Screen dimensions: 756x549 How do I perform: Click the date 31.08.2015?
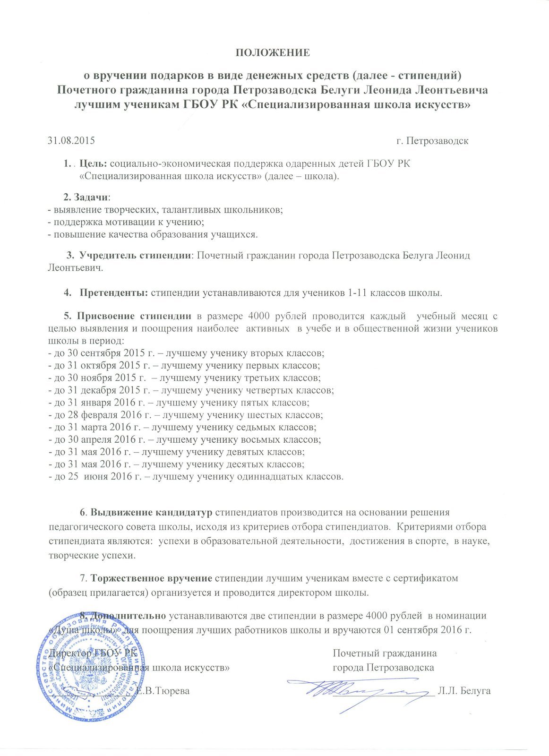pos(71,141)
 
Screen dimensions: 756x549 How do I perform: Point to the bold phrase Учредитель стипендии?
pos(135,256)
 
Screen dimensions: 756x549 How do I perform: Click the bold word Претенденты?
pos(114,292)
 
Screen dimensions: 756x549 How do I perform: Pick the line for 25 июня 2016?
pos(196,476)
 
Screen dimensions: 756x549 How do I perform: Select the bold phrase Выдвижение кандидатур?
pos(152,513)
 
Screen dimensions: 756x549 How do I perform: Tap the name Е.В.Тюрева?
pos(163,691)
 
